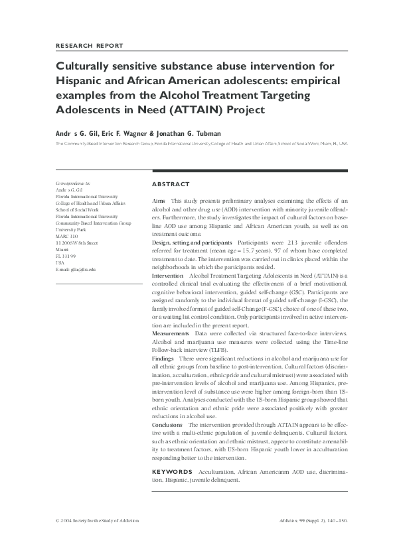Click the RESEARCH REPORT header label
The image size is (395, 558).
point(90,45)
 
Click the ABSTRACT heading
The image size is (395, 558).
point(171,184)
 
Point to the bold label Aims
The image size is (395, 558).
point(159,200)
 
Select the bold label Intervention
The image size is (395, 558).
point(168,274)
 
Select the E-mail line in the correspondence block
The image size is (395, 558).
point(76,270)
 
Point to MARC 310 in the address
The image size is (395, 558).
point(67,237)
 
